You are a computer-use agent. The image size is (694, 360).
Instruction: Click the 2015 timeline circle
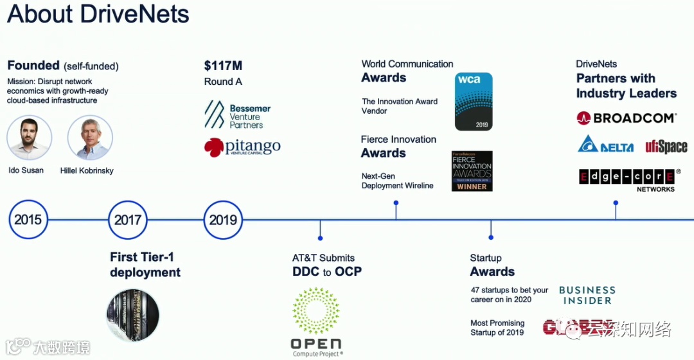(x=28, y=220)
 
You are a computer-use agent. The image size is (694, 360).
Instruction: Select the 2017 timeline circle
(x=127, y=220)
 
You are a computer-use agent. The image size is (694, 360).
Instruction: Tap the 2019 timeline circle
(x=223, y=220)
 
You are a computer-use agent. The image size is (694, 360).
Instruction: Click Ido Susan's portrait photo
(x=30, y=138)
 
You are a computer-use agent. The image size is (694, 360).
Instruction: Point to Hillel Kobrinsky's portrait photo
(x=90, y=138)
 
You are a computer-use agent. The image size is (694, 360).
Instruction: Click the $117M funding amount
(x=223, y=66)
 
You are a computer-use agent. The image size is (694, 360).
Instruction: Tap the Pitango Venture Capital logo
(x=242, y=147)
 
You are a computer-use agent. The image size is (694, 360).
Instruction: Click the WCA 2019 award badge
(x=474, y=102)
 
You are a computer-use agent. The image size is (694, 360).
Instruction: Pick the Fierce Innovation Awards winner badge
(x=472, y=171)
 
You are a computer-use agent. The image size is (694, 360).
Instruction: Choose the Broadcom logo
(x=626, y=118)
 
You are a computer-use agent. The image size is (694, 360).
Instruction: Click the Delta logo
(x=605, y=145)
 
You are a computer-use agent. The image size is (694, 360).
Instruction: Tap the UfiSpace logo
(x=666, y=146)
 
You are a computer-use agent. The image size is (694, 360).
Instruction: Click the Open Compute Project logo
(x=316, y=321)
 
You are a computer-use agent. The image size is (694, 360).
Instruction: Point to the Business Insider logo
(x=587, y=296)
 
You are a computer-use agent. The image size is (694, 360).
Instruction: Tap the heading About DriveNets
(x=98, y=15)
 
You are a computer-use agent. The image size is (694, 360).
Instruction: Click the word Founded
(x=33, y=66)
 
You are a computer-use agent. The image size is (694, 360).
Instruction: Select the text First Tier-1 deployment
(x=145, y=265)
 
